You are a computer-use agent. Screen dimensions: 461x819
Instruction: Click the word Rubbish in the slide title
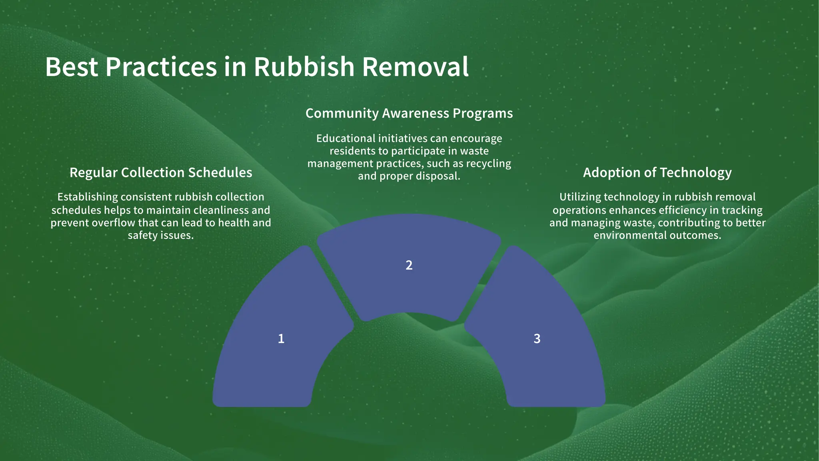pyautogui.click(x=304, y=67)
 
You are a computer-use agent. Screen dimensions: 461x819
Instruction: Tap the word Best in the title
pyautogui.click(x=71, y=67)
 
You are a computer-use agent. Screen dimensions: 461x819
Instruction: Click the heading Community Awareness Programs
pyautogui.click(x=409, y=113)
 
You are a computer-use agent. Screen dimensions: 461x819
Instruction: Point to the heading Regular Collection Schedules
pyautogui.click(x=161, y=172)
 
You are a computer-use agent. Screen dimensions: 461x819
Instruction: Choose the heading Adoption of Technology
pyautogui.click(x=657, y=172)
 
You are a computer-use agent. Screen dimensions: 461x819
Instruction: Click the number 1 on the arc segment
pyautogui.click(x=281, y=339)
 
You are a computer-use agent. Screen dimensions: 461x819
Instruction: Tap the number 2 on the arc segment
pyautogui.click(x=409, y=265)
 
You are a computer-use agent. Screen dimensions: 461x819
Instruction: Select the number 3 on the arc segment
pyautogui.click(x=537, y=339)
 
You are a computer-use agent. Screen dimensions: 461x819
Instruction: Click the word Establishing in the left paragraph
pyautogui.click(x=88, y=197)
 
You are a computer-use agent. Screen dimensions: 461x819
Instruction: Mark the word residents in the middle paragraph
pyautogui.click(x=347, y=151)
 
